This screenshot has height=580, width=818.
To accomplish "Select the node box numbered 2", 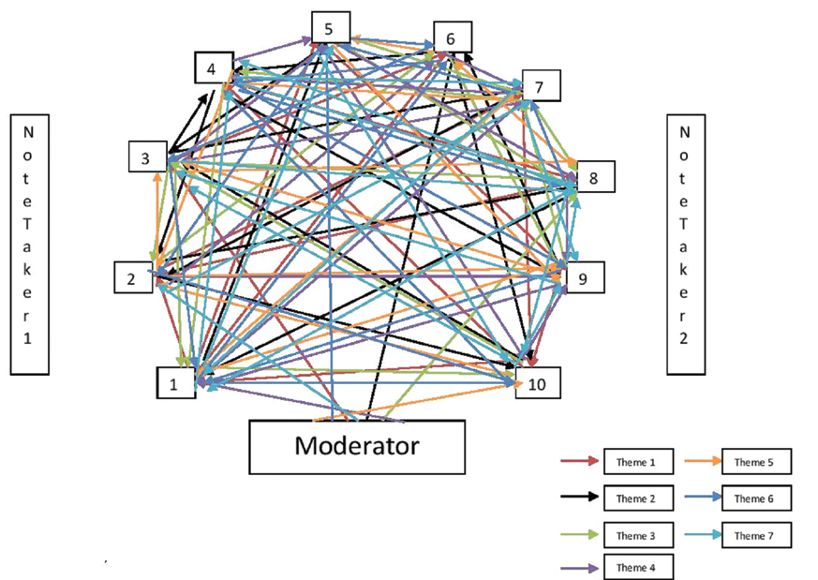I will (x=133, y=277).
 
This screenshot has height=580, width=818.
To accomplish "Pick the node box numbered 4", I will (x=213, y=68).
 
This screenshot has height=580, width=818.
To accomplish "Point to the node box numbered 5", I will (x=331, y=28).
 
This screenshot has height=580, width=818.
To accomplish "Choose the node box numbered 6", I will (x=452, y=38).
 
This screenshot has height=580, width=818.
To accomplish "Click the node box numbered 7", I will (x=541, y=86).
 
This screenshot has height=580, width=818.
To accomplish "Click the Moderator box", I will (x=356, y=446).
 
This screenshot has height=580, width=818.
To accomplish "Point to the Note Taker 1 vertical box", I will (x=28, y=245).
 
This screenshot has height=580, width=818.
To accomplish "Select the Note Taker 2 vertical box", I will (x=684, y=245).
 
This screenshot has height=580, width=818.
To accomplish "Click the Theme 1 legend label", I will (x=635, y=462).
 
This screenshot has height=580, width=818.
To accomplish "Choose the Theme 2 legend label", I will (x=635, y=498).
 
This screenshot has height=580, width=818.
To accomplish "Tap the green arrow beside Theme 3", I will (x=579, y=535).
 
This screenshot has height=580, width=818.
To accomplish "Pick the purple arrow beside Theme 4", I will (x=579, y=567).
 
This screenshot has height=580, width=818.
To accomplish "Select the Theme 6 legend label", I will (x=754, y=498).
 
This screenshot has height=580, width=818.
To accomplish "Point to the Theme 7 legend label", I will (x=754, y=535).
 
